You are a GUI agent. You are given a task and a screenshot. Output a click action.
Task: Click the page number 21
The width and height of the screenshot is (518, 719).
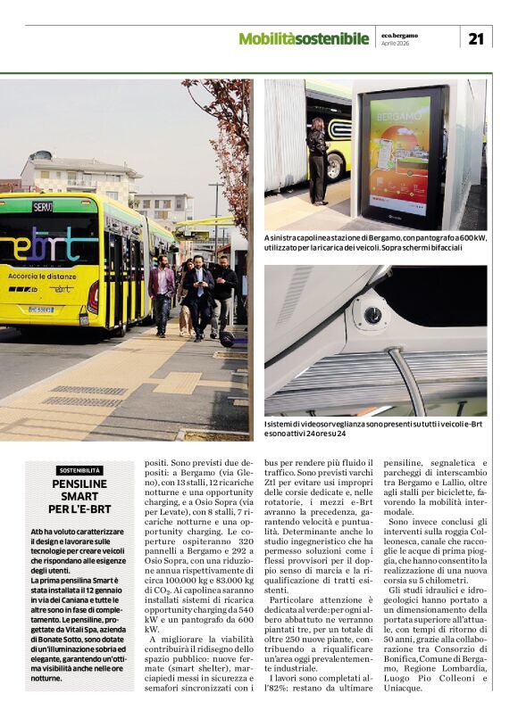pyautogui.click(x=475, y=37)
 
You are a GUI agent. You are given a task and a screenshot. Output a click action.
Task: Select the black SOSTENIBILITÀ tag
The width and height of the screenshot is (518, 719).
pyautogui.click(x=80, y=470)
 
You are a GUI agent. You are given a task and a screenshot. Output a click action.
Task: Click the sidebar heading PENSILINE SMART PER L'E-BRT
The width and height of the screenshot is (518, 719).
pyautogui.click(x=80, y=496)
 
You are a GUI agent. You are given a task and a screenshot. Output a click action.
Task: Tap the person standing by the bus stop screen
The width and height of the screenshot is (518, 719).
pyautogui.click(x=316, y=161)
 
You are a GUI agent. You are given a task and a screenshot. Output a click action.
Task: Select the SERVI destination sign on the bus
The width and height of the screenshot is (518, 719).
pyautogui.click(x=42, y=206)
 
